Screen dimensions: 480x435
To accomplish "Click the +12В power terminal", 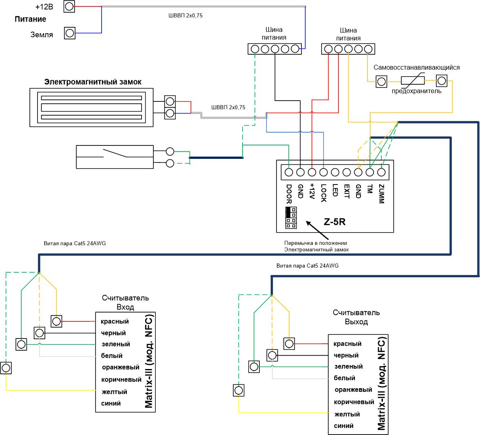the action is click(x=69, y=6).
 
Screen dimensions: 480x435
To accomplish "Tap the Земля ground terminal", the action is click(x=69, y=33).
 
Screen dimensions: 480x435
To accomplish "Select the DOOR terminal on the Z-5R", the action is click(x=289, y=172).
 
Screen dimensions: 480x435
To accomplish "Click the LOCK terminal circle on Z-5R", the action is click(x=323, y=172).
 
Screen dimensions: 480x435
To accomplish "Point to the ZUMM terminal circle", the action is click(x=381, y=172).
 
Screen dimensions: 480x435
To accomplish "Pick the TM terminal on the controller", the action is click(x=370, y=172).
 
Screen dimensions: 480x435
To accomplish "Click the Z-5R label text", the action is click(x=334, y=222).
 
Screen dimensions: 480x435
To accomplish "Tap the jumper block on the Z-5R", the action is click(x=291, y=217).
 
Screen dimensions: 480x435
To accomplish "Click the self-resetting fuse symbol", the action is click(x=413, y=80).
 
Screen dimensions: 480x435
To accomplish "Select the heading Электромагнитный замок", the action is click(x=93, y=82).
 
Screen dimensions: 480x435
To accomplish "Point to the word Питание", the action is click(x=30, y=19).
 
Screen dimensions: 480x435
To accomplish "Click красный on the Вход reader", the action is click(x=115, y=321).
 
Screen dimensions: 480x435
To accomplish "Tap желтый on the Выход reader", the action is click(x=347, y=414).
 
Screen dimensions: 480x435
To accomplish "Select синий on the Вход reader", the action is click(x=111, y=403).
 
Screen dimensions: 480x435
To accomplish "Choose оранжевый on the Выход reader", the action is click(x=353, y=390).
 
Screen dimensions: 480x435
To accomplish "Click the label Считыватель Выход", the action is click(x=356, y=317).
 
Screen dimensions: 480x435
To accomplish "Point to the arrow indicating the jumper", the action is click(x=317, y=230).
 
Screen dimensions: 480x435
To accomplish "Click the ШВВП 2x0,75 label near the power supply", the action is click(x=186, y=15).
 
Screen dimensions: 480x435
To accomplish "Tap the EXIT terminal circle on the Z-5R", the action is click(x=347, y=172).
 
